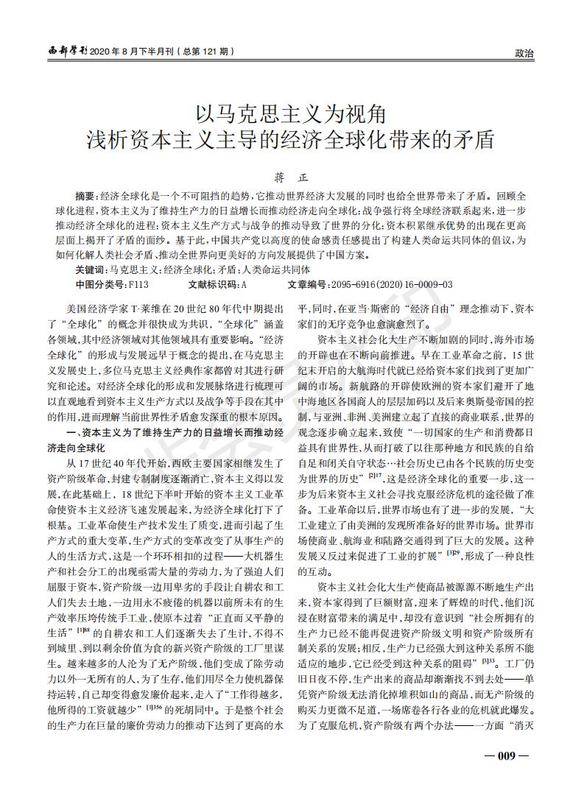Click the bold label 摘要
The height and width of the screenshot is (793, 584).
click(86, 197)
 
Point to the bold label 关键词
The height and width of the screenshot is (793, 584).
click(91, 270)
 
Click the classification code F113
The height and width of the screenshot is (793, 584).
click(138, 283)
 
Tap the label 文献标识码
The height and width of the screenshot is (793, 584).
click(214, 283)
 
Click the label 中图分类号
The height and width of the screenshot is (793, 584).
click(102, 283)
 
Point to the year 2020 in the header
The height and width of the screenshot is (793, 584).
click(101, 52)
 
